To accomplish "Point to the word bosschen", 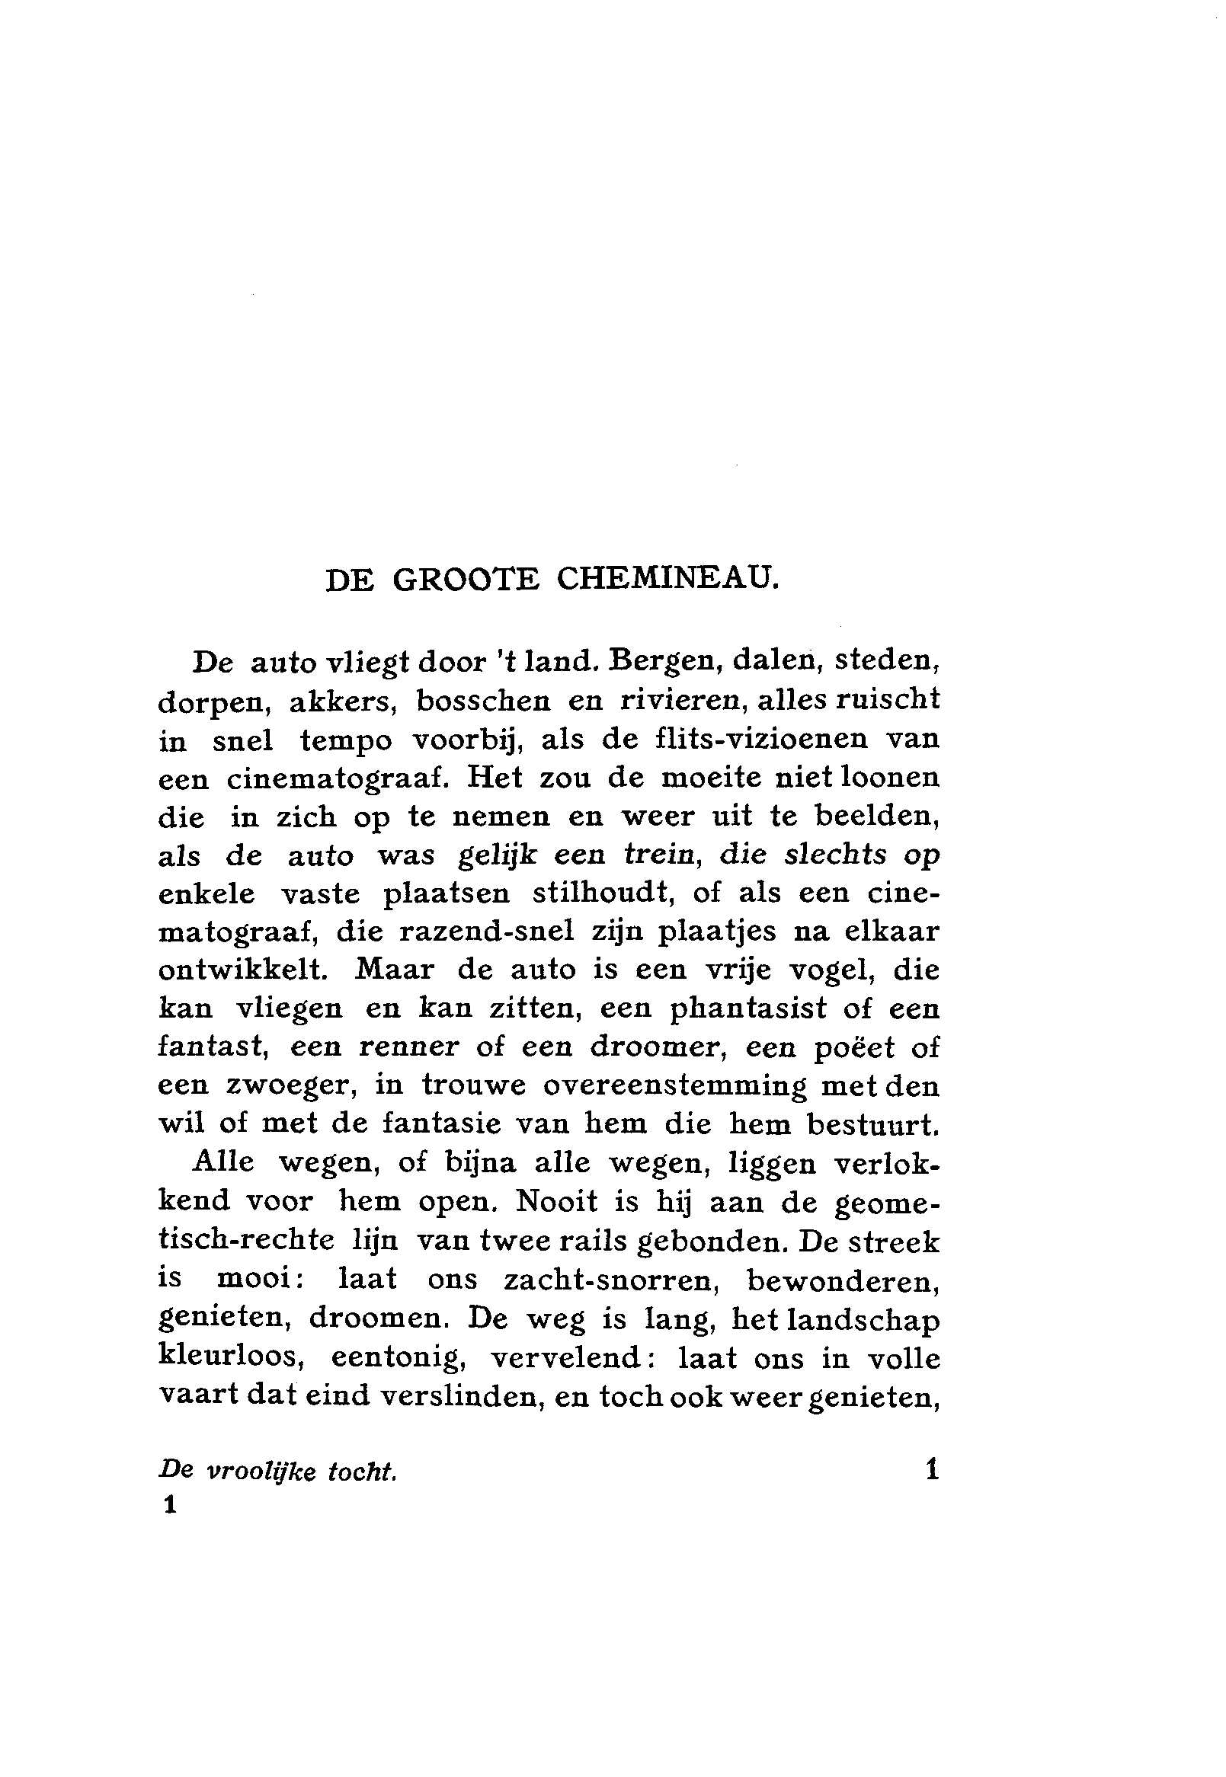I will pyautogui.click(x=481, y=701).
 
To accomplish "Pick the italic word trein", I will pyautogui.click(x=664, y=855).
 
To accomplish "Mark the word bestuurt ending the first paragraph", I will pyautogui.click(x=873, y=1124).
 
